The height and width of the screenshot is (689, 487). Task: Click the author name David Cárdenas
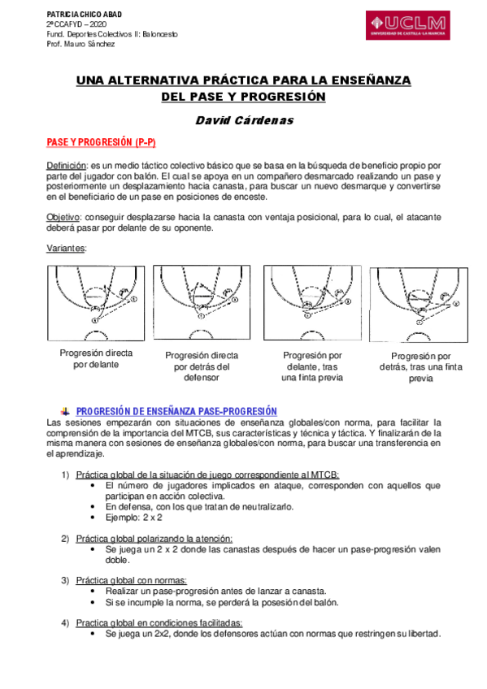click(x=243, y=120)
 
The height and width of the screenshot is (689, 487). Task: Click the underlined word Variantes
click(x=66, y=248)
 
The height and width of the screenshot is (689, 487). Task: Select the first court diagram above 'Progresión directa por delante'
click(x=96, y=300)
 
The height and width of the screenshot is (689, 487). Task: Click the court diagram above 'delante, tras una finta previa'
click(x=312, y=300)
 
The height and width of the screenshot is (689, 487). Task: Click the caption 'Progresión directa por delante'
click(x=96, y=359)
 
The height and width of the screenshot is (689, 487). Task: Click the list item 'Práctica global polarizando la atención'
click(x=154, y=539)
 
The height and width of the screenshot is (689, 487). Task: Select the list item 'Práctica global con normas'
click(x=132, y=580)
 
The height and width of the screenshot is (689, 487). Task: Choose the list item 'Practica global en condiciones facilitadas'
click(x=159, y=622)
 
